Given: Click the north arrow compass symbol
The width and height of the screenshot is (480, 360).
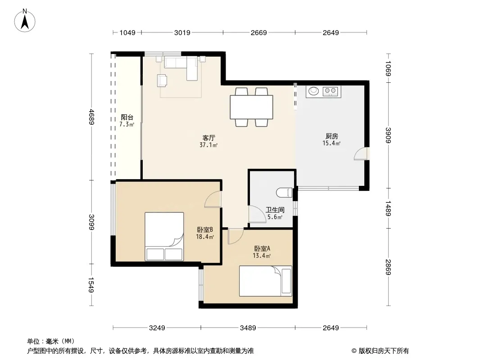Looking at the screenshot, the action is pyautogui.click(x=25, y=20).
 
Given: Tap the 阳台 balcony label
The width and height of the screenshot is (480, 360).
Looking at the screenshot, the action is pyautogui.click(x=127, y=117).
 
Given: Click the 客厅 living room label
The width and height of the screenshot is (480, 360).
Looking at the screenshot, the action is pyautogui.click(x=208, y=138).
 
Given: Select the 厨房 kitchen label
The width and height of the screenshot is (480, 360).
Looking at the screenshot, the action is pyautogui.click(x=331, y=136).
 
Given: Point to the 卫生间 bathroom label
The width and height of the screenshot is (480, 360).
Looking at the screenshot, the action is pyautogui.click(x=275, y=210).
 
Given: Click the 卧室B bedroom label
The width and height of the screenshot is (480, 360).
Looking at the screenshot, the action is pyautogui.click(x=205, y=229).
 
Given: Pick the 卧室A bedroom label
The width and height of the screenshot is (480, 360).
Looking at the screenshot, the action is pyautogui.click(x=262, y=249).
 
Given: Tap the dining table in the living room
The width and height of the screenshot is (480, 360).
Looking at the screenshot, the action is pyautogui.click(x=251, y=107).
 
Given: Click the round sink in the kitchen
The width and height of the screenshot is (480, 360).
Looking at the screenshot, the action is pyautogui.click(x=313, y=91).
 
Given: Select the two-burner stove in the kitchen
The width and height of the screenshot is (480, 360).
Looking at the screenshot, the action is pyautogui.click(x=331, y=91).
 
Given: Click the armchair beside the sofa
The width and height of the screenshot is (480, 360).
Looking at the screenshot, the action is pyautogui.click(x=162, y=81).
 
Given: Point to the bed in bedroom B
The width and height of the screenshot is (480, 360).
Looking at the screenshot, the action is pyautogui.click(x=164, y=236).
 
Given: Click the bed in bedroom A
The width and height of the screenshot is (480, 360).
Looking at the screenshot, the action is pyautogui.click(x=265, y=281).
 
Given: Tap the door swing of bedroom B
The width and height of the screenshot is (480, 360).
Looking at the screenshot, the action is pyautogui.click(x=213, y=199).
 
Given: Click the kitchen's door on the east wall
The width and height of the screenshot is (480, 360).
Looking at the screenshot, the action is pyautogui.click(x=361, y=153).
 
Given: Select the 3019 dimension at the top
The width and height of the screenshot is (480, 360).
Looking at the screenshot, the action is pyautogui.click(x=182, y=32).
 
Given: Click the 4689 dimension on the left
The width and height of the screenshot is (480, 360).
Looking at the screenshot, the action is pyautogui.click(x=91, y=117).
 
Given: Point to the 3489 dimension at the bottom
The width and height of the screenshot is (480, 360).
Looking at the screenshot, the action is pyautogui.click(x=248, y=328).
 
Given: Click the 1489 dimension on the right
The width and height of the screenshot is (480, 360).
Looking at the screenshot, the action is pyautogui.click(x=388, y=208).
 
